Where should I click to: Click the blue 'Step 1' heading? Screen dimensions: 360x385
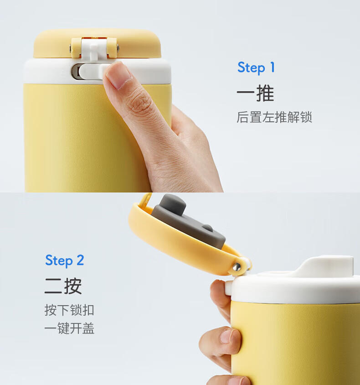pos(256,68)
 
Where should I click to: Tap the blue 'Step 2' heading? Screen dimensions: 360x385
pos(65,260)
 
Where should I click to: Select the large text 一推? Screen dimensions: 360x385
pos(255,94)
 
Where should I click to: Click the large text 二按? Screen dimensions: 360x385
pos(63,286)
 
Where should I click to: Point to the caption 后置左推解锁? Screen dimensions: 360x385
pos(274,117)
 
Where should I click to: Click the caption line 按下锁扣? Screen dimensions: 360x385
pos(69,310)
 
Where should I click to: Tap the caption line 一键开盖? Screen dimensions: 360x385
pos(69,328)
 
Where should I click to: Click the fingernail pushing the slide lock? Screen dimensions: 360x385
pos(118,75)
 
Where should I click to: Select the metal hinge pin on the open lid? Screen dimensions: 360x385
pos(237,266)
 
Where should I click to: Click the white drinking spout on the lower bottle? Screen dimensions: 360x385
pos(326,266)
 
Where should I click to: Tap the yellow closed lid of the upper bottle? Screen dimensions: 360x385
pos(98,44)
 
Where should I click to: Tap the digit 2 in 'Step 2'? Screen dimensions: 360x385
pos(80,260)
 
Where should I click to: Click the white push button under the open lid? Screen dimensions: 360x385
pos(228,288)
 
